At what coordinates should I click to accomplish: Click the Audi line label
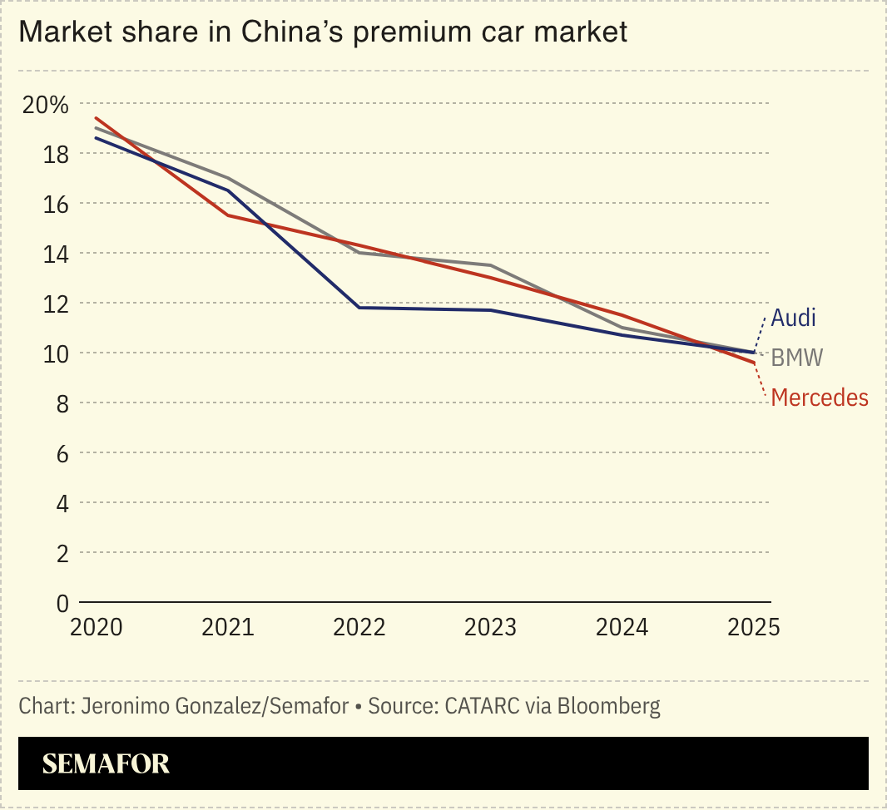pos(793,318)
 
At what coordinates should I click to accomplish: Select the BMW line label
pos(796,358)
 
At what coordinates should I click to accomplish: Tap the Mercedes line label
pos(820,398)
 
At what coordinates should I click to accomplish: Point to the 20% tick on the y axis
pos(46,105)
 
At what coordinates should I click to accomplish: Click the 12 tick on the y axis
pos(57,304)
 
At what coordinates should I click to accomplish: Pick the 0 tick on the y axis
pos(62,603)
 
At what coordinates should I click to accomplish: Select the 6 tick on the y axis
pos(62,453)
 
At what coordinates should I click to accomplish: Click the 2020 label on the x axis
pos(97,627)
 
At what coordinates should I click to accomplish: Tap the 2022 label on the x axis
pos(359,627)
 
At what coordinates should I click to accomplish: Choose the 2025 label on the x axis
pos(753,627)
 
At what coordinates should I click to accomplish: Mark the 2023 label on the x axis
pos(491,627)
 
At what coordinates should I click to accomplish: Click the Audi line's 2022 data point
pos(359,308)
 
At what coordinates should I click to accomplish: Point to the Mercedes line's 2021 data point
pos(228,215)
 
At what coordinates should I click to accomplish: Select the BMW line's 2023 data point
pos(491,265)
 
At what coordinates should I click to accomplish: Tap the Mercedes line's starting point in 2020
pos(97,118)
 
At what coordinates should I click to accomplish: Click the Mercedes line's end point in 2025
pos(753,363)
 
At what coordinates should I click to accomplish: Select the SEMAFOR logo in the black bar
pos(106,763)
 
